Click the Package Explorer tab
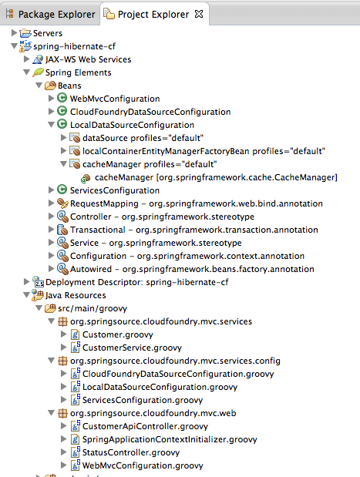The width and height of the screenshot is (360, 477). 51,14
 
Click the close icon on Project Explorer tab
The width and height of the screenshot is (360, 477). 199,14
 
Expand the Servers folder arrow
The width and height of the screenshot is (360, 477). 14,32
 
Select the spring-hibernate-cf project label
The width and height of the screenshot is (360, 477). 74,46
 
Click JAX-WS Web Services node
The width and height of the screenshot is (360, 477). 88,59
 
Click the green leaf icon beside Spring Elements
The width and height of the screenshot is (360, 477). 38,72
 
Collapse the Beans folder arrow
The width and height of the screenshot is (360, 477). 39,86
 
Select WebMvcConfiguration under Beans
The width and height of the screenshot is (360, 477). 115,99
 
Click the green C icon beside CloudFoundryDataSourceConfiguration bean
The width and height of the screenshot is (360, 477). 62,111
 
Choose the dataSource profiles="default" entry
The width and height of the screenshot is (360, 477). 143,138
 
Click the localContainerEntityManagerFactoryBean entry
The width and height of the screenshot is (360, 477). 204,151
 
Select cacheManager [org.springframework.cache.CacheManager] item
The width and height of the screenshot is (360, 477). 216,177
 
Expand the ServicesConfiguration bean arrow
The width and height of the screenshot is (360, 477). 51,190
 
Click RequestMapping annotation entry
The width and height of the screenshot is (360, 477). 197,203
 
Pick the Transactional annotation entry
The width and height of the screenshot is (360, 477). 193,230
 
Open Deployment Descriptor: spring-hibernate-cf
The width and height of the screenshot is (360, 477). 137,282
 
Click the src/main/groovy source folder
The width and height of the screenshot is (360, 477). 93,308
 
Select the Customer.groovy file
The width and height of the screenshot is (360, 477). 117,334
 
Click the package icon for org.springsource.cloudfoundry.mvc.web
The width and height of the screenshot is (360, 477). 62,413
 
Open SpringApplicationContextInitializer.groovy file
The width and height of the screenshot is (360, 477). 170,439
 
